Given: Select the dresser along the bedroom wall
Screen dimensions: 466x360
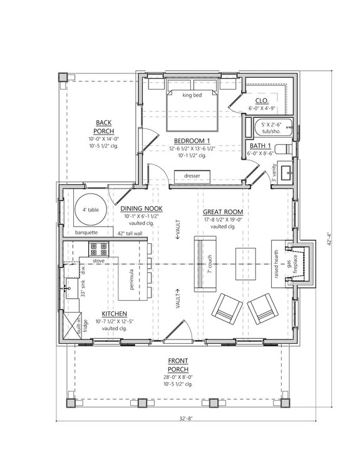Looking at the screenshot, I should pos(192,177).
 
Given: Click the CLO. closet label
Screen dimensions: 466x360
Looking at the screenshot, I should pos(262,101).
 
